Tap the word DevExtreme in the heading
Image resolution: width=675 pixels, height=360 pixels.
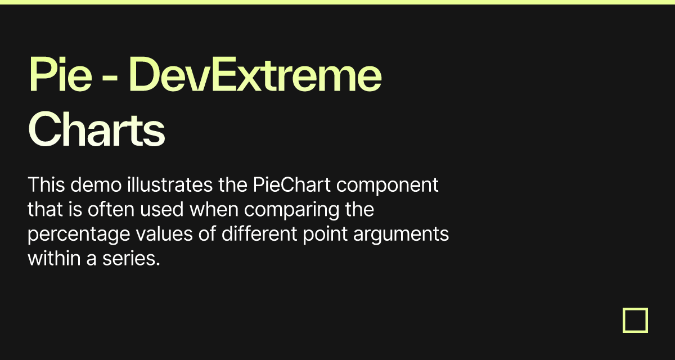[259, 76]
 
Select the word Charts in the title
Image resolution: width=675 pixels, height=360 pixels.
[96, 129]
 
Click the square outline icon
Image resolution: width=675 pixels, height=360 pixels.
[635, 321]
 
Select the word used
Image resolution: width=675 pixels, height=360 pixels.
[168, 210]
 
